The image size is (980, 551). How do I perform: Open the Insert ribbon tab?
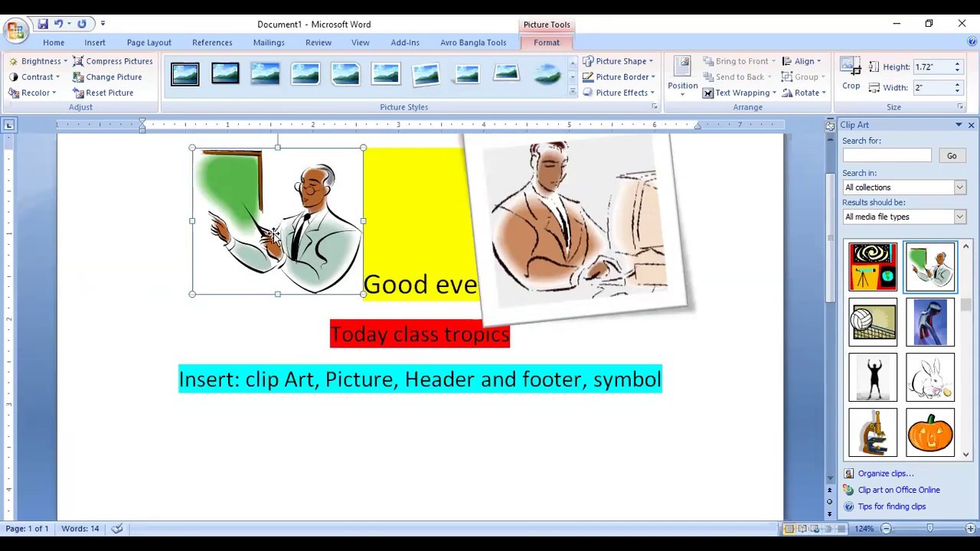(95, 43)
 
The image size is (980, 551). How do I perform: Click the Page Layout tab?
(149, 43)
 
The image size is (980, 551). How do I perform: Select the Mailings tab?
(269, 43)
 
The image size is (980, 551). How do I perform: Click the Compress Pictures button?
(113, 61)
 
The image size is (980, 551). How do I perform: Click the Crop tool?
(851, 76)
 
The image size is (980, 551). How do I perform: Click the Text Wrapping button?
(740, 93)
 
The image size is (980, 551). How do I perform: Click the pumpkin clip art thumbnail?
(930, 433)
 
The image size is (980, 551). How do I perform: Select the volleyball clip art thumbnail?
(873, 322)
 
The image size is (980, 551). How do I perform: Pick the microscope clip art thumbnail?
(873, 433)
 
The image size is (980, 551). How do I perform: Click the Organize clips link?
(885, 474)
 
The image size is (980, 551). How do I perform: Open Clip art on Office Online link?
(898, 490)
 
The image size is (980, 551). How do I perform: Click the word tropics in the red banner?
(476, 334)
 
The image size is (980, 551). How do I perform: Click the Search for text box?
(887, 156)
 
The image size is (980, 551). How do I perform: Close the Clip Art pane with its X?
(971, 125)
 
